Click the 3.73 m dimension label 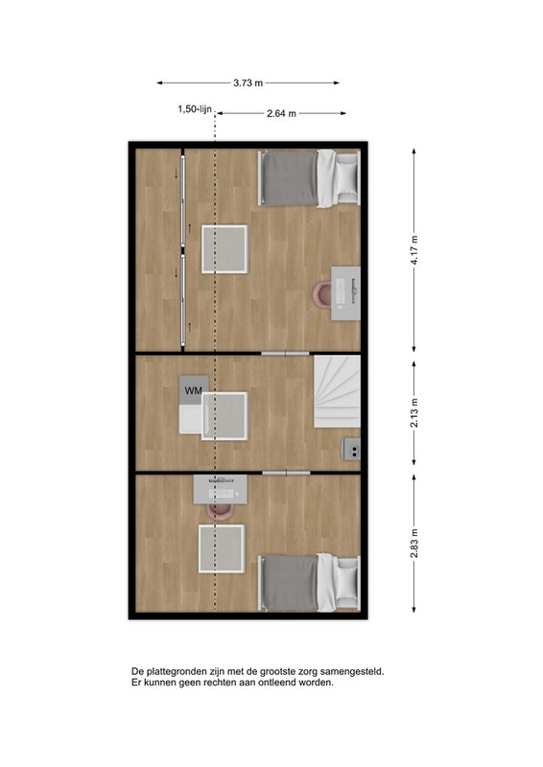248,83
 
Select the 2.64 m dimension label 281,113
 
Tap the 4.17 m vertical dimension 414,250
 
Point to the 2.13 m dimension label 414,413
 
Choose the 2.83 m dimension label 414,543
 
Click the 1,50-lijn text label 195,109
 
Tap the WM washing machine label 194,391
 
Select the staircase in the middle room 337,391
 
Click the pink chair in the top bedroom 322,294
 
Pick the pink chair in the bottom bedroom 220,511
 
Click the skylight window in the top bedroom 224,249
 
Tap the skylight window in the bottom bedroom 222,548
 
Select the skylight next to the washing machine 224,416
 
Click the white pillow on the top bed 347,177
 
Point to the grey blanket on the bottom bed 290,583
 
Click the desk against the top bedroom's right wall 345,293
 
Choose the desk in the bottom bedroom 221,489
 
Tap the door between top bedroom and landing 286,353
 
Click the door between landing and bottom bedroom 287,473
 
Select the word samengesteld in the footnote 357,672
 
